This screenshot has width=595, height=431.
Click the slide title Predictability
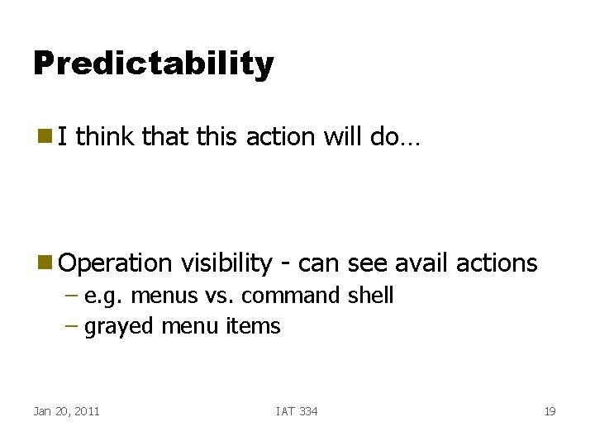click(153, 64)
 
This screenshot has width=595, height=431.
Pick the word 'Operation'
click(115, 263)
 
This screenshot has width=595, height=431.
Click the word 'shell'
click(370, 296)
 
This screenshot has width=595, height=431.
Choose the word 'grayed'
click(120, 327)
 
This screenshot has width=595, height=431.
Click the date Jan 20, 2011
click(66, 411)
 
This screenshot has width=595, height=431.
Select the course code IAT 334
click(297, 411)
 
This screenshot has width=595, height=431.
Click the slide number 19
click(550, 411)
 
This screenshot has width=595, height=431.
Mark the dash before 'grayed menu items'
click(71, 327)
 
